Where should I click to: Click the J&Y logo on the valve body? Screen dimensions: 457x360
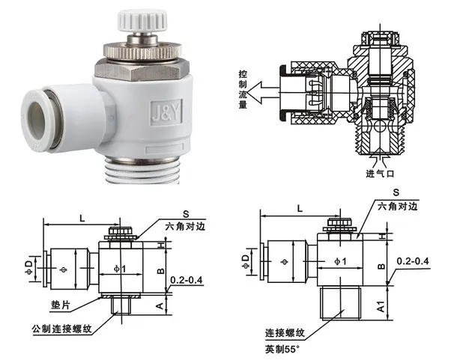point(166,113)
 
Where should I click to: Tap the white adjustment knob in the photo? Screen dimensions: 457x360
point(142,21)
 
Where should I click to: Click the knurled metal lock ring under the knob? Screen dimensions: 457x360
point(142,52)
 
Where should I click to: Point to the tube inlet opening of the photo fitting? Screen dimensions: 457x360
point(36,120)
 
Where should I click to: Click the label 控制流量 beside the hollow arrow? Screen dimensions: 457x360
point(243,89)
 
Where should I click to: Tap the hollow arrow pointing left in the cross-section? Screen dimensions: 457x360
point(264,93)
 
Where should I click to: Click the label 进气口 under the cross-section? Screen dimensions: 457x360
point(380,174)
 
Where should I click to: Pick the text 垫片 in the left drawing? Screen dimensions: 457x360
point(61,305)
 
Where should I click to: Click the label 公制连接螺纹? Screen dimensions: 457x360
point(62,329)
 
